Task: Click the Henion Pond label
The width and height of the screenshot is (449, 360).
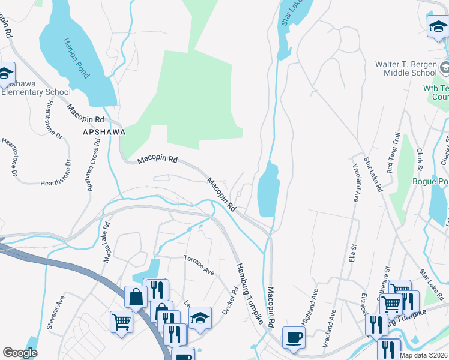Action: click(x=77, y=53)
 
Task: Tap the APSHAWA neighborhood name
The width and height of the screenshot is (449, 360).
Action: click(x=104, y=131)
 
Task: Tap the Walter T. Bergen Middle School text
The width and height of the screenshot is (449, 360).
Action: click(x=406, y=68)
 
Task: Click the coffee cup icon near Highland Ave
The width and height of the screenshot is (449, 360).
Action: click(x=293, y=337)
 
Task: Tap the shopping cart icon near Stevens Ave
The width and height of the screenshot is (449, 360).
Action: click(x=121, y=322)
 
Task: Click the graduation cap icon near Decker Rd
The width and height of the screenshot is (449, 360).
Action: click(x=200, y=317)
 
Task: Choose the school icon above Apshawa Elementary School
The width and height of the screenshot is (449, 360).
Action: click(x=5, y=73)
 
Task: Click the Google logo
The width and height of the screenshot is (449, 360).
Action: click(x=20, y=352)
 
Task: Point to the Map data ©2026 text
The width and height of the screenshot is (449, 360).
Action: click(x=423, y=355)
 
